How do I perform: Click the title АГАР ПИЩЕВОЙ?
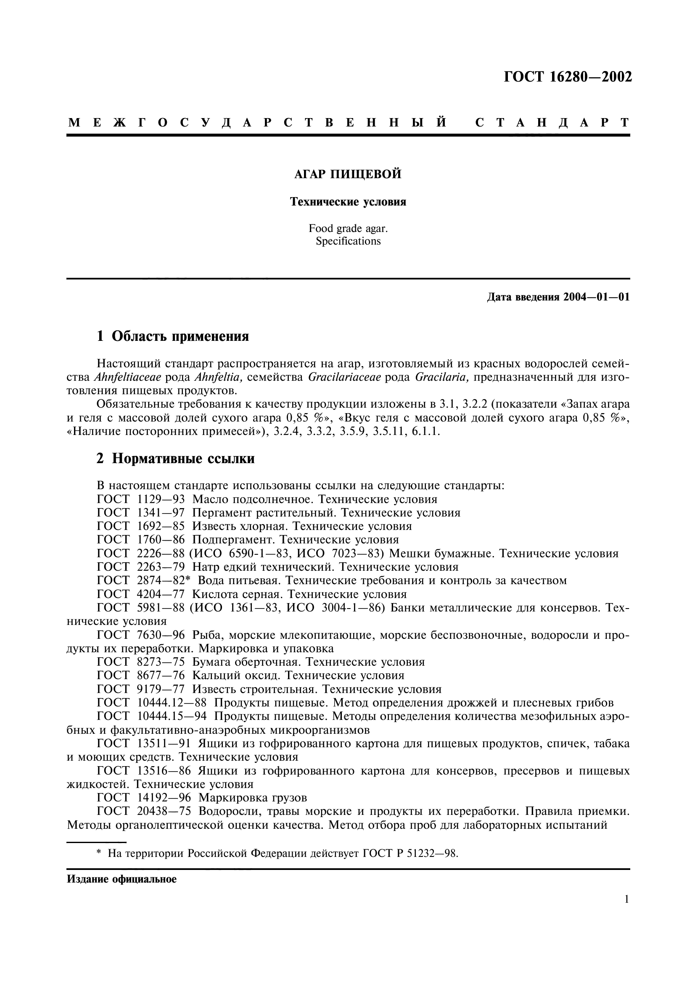coord(348,174)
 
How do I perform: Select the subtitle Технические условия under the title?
coord(348,202)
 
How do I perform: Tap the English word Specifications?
coord(348,242)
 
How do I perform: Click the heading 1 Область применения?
coord(173,337)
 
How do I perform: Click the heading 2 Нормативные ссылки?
coord(176,459)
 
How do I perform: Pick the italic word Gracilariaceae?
coord(344,377)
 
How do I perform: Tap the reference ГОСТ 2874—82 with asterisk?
coord(143,580)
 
